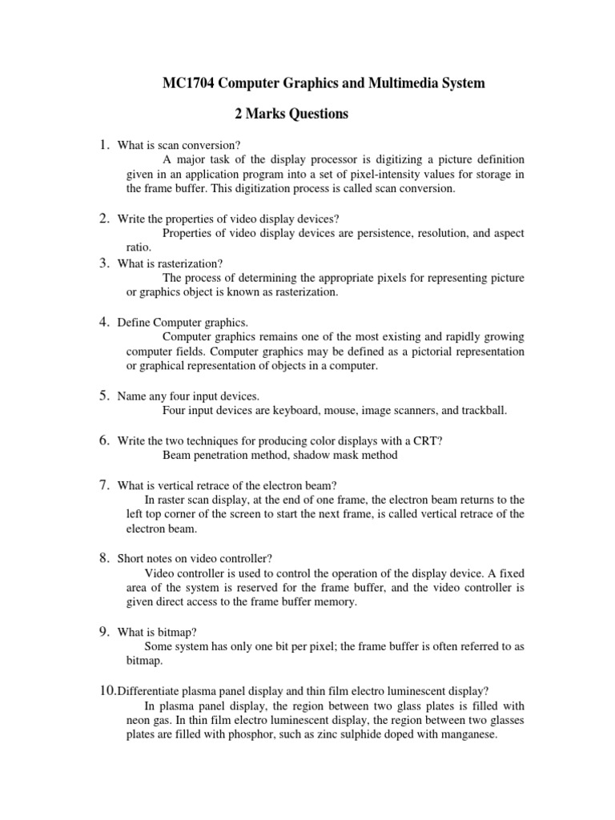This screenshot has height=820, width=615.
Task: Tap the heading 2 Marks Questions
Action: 291,115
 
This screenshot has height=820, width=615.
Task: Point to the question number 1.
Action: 104,145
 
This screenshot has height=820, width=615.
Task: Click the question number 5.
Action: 104,395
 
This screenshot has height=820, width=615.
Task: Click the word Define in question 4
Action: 133,322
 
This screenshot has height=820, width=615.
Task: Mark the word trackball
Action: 479,411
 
